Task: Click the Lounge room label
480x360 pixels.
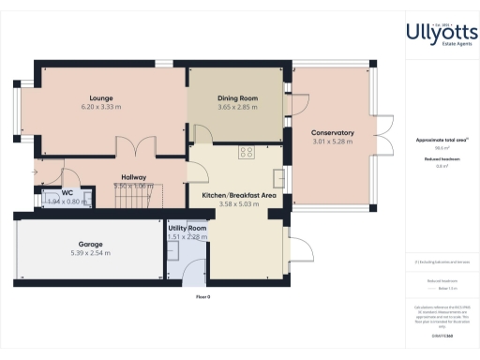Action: click(101, 97)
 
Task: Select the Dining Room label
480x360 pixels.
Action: click(236, 98)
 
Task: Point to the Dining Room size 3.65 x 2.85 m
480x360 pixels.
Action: click(236, 108)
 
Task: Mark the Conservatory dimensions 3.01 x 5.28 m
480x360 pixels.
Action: click(332, 142)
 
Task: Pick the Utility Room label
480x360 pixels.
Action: click(187, 228)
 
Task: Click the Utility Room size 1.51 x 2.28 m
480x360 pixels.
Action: click(187, 237)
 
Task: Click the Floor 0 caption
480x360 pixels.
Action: click(202, 296)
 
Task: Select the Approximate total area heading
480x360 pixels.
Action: click(441, 140)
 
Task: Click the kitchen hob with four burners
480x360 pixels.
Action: click(247, 152)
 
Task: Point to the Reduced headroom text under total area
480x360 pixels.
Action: click(440, 158)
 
